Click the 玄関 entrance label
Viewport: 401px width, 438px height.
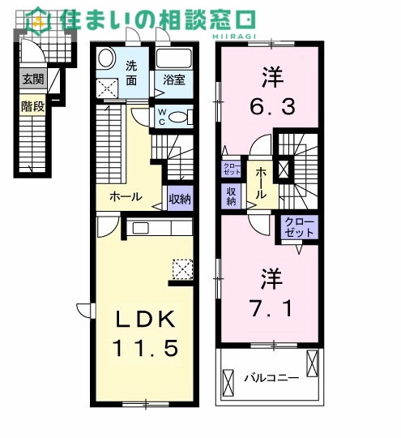[33, 79]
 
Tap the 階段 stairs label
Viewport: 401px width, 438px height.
[33, 106]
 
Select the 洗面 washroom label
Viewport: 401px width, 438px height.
[131, 73]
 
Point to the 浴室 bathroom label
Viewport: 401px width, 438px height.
[174, 80]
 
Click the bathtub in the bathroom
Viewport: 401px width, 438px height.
[174, 58]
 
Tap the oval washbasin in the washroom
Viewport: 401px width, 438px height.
[107, 58]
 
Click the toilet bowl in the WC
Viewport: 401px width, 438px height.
[178, 118]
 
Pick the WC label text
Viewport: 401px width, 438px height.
[162, 117]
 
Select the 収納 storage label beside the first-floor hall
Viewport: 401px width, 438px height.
[181, 199]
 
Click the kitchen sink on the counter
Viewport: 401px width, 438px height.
[141, 228]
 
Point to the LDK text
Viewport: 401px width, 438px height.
[146, 320]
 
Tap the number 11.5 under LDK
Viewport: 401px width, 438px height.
[145, 348]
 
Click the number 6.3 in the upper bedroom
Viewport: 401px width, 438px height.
[272, 107]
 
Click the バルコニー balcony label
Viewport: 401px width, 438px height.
[272, 379]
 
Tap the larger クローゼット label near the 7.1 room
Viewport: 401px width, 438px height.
[300, 228]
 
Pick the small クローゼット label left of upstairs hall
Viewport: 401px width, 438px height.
[232, 169]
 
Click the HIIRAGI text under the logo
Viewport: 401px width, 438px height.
[234, 36]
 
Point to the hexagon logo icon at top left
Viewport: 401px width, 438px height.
[39, 19]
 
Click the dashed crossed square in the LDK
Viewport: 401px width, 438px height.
[183, 269]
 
